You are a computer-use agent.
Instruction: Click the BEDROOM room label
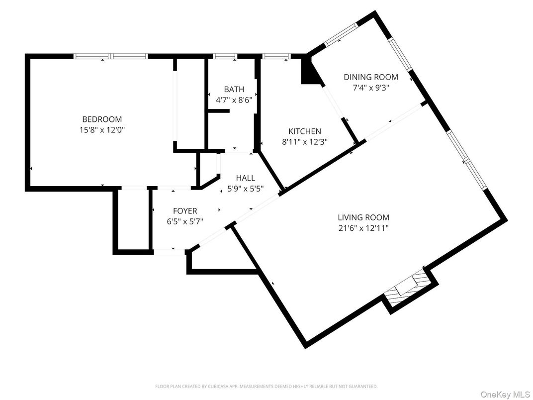[x=102, y=119]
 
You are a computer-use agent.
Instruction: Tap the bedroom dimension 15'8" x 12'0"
[x=102, y=130]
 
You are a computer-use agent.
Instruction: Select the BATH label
[x=234, y=90]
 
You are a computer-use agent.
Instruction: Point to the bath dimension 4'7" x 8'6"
[x=234, y=100]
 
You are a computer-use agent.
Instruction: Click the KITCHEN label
[x=305, y=131]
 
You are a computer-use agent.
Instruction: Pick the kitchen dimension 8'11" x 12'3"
[x=305, y=141]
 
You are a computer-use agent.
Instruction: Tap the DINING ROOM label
[x=371, y=77]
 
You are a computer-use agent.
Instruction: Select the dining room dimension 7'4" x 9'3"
[x=371, y=87]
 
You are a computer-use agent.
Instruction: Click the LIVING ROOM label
[x=363, y=217]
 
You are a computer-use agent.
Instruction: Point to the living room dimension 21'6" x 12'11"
[x=363, y=228]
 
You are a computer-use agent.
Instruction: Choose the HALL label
[x=246, y=178]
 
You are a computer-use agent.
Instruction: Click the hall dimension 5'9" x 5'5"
[x=246, y=189]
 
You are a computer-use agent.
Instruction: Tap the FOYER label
[x=185, y=211]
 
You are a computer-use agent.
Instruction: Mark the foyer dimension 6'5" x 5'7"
[x=185, y=221]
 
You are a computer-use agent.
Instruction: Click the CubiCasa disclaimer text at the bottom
[x=266, y=386]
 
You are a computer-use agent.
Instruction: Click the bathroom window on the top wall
[x=224, y=56]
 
